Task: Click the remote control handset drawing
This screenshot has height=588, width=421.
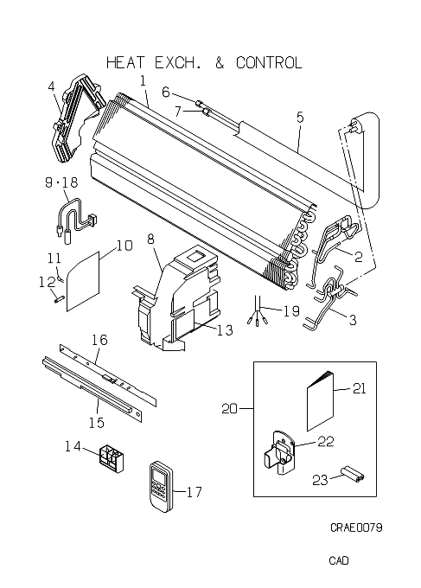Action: click(161, 486)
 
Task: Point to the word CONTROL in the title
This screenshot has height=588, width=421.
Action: click(269, 62)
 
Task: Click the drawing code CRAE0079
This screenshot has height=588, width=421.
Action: click(356, 527)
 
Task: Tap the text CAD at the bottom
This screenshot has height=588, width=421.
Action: click(339, 560)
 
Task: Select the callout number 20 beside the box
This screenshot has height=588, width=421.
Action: click(229, 408)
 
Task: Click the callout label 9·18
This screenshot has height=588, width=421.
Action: click(61, 182)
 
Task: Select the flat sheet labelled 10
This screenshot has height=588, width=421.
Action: click(83, 281)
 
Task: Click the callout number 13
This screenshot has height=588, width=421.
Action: click(225, 330)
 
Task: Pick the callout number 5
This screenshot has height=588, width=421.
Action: click(300, 118)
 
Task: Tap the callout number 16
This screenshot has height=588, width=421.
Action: click(99, 340)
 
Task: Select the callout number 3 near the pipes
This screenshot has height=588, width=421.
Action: click(353, 320)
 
